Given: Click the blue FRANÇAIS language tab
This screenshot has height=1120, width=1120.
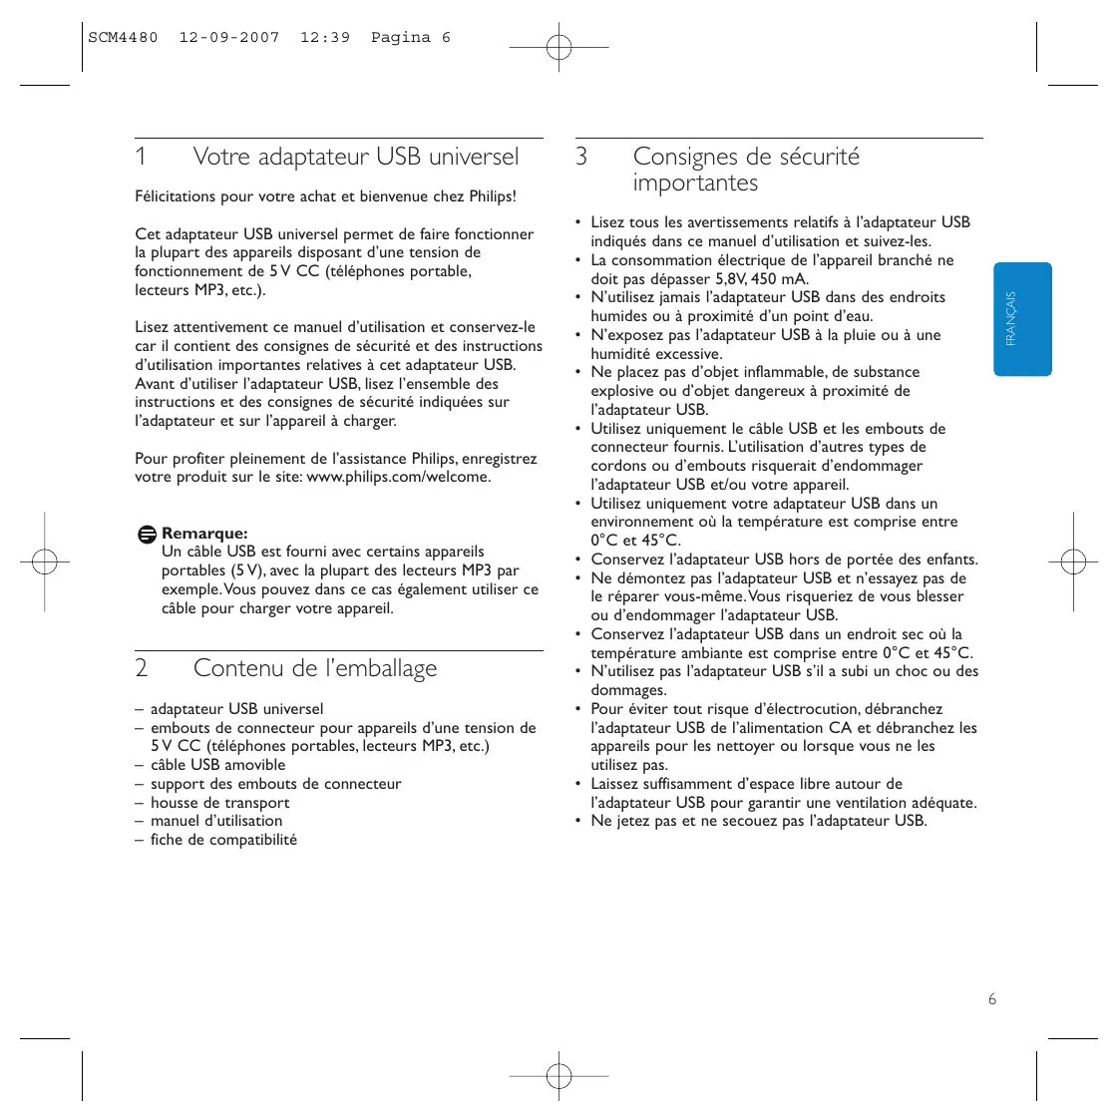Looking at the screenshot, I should coord(1022,319).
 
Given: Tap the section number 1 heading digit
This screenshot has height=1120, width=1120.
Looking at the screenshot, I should coord(141,158).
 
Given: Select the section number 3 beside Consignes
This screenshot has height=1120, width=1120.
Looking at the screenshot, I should coord(581,158).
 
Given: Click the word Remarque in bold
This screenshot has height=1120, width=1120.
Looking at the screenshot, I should coord(204,534).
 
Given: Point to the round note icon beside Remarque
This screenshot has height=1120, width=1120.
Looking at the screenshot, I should coord(147,535).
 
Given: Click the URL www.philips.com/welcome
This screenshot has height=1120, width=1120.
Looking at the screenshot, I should coord(398,477).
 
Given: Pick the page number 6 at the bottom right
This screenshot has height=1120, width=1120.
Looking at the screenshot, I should coord(991,999).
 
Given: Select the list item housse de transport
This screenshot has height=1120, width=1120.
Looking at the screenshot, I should coord(219,803).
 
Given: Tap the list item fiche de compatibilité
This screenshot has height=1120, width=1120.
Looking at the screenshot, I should coord(223,840).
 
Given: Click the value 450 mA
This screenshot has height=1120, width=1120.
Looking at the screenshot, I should coord(779,279).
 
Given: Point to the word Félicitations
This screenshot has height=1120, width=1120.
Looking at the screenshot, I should coord(176,196).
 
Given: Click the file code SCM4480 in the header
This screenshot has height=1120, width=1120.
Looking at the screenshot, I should coord(123,38).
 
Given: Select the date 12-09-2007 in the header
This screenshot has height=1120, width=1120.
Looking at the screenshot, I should coord(229,38).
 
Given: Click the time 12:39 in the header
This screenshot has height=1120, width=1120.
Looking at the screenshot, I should coord(325,38).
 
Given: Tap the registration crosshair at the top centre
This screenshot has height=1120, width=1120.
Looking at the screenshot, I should coord(560,47).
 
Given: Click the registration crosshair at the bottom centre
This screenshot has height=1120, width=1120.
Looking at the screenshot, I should coord(560,1076).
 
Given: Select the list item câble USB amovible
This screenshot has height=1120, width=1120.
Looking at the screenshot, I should coord(217,765).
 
